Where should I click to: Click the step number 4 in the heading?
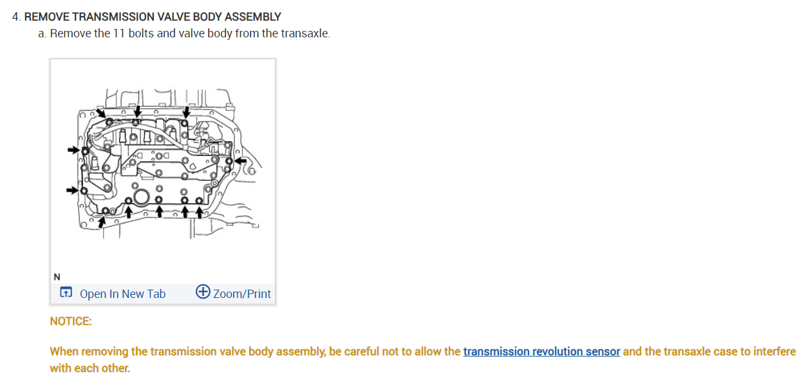click(15, 17)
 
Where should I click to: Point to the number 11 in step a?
click(119, 33)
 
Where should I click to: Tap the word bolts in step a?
click(141, 33)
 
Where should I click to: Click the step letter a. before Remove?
click(42, 33)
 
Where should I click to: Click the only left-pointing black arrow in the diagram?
click(241, 160)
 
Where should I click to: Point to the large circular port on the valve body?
click(141, 197)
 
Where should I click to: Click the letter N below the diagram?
click(57, 277)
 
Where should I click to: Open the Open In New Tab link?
click(122, 294)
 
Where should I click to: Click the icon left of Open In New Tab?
click(66, 293)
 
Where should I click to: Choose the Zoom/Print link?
click(241, 294)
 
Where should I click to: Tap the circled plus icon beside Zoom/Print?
click(203, 293)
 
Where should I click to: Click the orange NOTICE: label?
click(71, 321)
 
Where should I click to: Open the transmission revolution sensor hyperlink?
click(542, 351)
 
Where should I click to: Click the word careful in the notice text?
click(366, 351)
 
